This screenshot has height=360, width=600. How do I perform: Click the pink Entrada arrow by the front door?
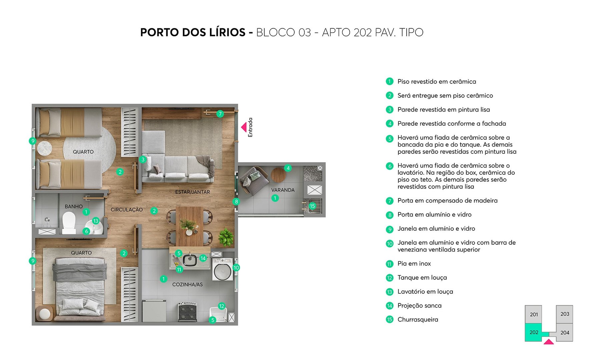click(244, 127)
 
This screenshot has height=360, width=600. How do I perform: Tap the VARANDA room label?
click(283, 190)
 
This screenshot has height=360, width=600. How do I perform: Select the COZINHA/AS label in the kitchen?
click(187, 284)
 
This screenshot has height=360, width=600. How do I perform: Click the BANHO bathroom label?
click(74, 206)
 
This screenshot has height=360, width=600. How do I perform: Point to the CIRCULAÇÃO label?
click(127, 210)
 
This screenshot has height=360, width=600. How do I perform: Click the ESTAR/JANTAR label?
click(192, 192)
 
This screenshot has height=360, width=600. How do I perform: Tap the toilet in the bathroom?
click(69, 223)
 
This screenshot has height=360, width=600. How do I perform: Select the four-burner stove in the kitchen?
click(187, 312)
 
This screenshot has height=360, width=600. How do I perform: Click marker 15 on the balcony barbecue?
click(312, 206)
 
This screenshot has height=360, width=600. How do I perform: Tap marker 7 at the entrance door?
click(220, 114)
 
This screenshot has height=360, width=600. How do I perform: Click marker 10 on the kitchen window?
click(236, 267)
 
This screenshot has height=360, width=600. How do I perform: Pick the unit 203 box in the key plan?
click(565, 314)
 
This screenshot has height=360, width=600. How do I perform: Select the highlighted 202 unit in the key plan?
click(534, 332)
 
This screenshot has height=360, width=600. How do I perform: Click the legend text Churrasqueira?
click(418, 319)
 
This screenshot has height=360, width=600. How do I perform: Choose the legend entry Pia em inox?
click(414, 263)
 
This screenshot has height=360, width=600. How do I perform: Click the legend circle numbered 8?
click(390, 215)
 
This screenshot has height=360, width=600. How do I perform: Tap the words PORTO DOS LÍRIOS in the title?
click(193, 32)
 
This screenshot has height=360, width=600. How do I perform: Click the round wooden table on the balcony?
click(278, 175)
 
